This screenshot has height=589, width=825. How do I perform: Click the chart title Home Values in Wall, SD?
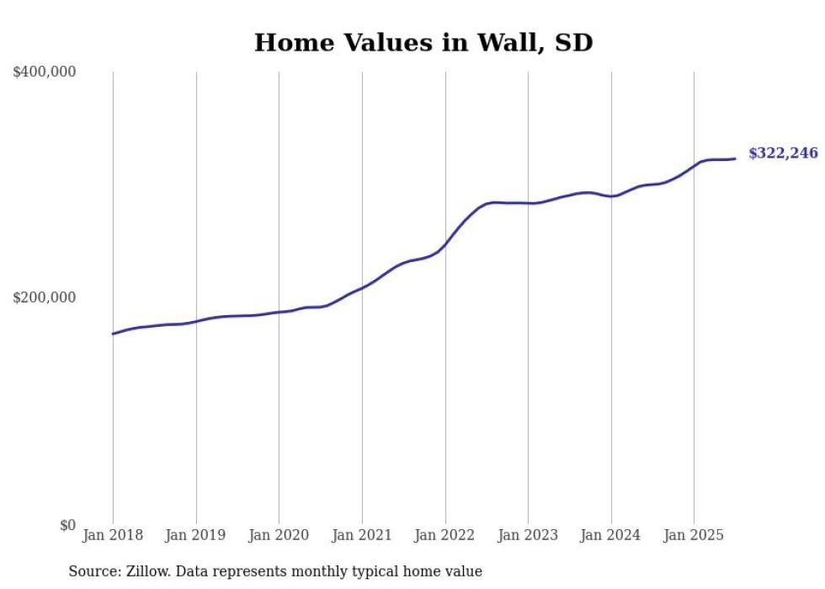pos(423,42)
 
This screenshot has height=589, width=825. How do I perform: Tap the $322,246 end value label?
pos(783,153)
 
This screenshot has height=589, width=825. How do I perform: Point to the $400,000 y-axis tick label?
pos(45,72)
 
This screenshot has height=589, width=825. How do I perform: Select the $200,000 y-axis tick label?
pos(45,297)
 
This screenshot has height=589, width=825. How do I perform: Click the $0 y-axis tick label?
pos(67,525)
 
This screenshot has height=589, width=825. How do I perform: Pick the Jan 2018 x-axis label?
pos(113,535)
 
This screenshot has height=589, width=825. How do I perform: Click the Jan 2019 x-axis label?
pos(196,535)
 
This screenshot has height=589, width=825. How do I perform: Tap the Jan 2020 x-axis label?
pos(279,535)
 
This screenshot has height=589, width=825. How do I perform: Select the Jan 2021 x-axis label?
pos(362,535)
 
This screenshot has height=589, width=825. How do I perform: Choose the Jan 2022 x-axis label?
pos(445,535)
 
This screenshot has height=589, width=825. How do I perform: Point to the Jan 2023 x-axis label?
pos(528,535)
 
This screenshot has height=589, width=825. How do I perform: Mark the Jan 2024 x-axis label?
pos(611,535)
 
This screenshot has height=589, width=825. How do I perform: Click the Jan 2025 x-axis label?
pos(694,535)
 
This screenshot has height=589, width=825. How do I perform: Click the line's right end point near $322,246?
pos(735,158)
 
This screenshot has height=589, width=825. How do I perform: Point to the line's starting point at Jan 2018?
pos(113,334)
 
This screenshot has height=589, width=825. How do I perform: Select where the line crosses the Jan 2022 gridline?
pos(445,244)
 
